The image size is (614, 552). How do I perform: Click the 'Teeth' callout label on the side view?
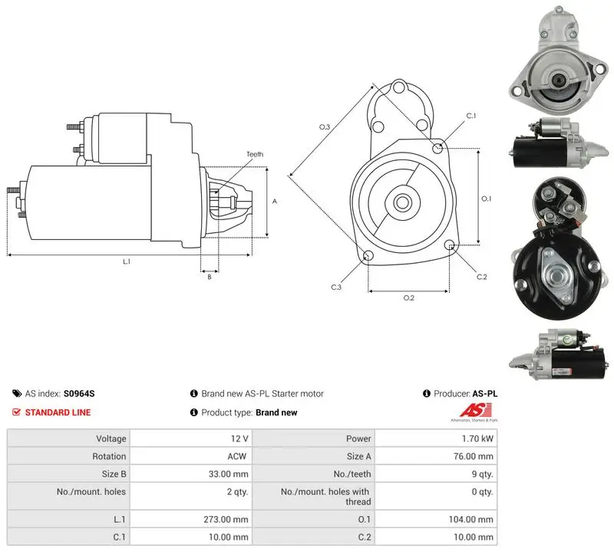(x=255, y=154)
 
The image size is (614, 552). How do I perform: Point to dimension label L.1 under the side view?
(x=127, y=261)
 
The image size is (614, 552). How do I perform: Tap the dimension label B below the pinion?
(x=210, y=277)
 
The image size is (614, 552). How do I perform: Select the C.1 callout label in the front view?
(x=471, y=116)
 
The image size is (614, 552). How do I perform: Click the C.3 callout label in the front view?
(x=336, y=287)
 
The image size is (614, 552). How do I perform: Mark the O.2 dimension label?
(x=408, y=298)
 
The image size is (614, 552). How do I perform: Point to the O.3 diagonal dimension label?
(x=325, y=127)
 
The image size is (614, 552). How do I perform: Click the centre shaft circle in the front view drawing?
(x=401, y=202)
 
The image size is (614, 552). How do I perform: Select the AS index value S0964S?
(x=79, y=393)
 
